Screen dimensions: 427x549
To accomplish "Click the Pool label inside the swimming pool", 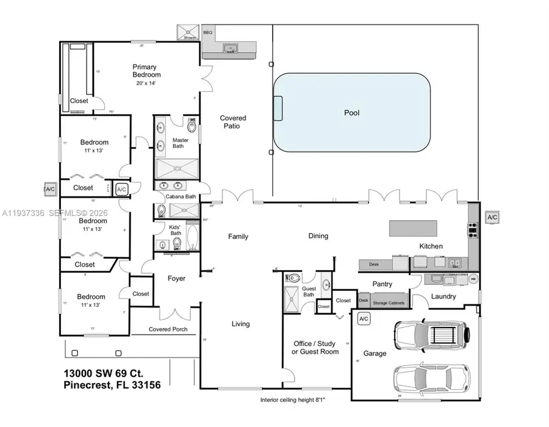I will (x=351, y=113).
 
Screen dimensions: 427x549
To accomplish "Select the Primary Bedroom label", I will (x=147, y=71).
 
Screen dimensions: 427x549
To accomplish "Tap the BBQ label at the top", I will (x=207, y=32).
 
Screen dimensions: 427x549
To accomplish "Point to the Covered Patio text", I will (x=233, y=122).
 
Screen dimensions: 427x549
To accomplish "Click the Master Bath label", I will (x=181, y=143).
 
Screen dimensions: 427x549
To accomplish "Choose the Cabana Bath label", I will (x=181, y=196).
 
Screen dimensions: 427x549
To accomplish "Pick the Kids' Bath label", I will (x=176, y=229).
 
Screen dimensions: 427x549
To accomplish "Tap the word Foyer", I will (x=176, y=279).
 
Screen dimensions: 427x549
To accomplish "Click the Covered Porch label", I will (x=168, y=329).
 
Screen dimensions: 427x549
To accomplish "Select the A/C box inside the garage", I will (x=364, y=318).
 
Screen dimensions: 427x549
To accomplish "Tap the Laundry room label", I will (x=443, y=296).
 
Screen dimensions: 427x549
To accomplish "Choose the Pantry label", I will (x=382, y=284).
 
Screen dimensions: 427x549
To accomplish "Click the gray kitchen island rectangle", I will (x=414, y=229).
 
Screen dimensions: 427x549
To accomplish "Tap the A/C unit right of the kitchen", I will (x=492, y=217).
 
